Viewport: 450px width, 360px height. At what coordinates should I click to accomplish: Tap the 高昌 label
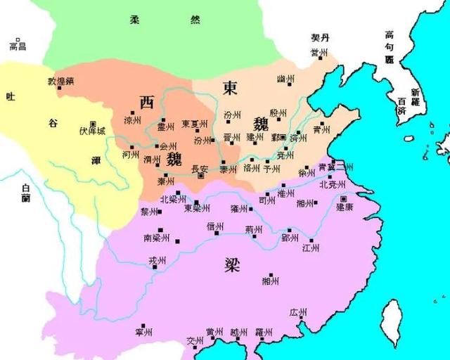(x=18, y=46)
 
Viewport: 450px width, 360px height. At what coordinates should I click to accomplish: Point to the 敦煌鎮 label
(x=60, y=81)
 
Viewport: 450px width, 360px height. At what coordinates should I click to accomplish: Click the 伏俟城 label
(x=91, y=131)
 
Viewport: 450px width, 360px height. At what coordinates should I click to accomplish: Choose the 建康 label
(x=344, y=207)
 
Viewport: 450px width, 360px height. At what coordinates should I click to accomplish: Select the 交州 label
(x=195, y=341)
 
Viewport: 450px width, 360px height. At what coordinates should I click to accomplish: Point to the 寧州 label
(x=145, y=330)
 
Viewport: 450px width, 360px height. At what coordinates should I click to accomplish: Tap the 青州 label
(x=321, y=129)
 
